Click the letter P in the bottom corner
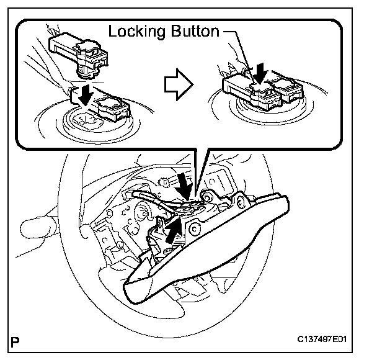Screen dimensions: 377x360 pos(16,341)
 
